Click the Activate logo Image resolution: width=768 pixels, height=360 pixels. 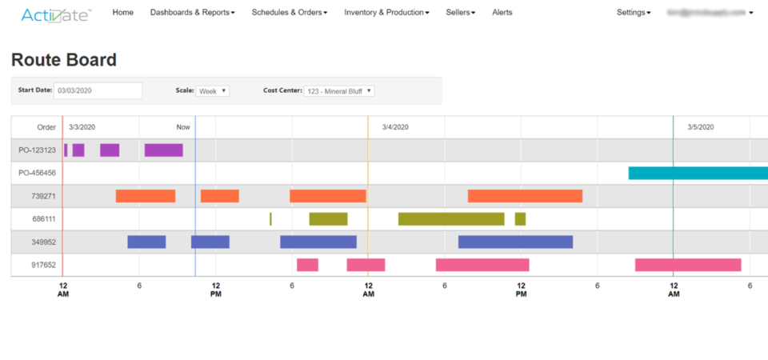pos(56,14)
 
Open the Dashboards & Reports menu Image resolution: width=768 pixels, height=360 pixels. pos(192,13)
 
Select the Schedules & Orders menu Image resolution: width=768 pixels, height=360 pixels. pos(289,13)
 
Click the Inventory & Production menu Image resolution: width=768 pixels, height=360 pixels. pos(386,13)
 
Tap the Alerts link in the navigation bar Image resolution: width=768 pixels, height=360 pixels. pos(502,13)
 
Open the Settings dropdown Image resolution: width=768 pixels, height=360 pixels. pos(634,13)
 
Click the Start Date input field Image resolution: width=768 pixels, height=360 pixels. pos(98,90)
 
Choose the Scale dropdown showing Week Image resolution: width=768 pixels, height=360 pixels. pos(213,91)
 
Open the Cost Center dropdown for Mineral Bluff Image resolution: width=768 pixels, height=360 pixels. pos(339,91)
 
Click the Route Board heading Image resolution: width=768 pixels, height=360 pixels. pos(64,60)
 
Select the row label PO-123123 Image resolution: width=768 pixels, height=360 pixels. pos(38,150)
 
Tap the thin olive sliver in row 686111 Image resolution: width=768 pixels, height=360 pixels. pos(270,218)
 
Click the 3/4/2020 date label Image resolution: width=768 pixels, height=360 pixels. pos(395,127)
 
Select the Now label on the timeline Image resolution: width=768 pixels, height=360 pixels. pos(183,127)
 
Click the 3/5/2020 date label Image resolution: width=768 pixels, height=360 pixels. pos(700,127)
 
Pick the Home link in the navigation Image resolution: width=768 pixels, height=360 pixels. pos(123,13)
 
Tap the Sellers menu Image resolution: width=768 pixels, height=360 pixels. pos(460,13)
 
